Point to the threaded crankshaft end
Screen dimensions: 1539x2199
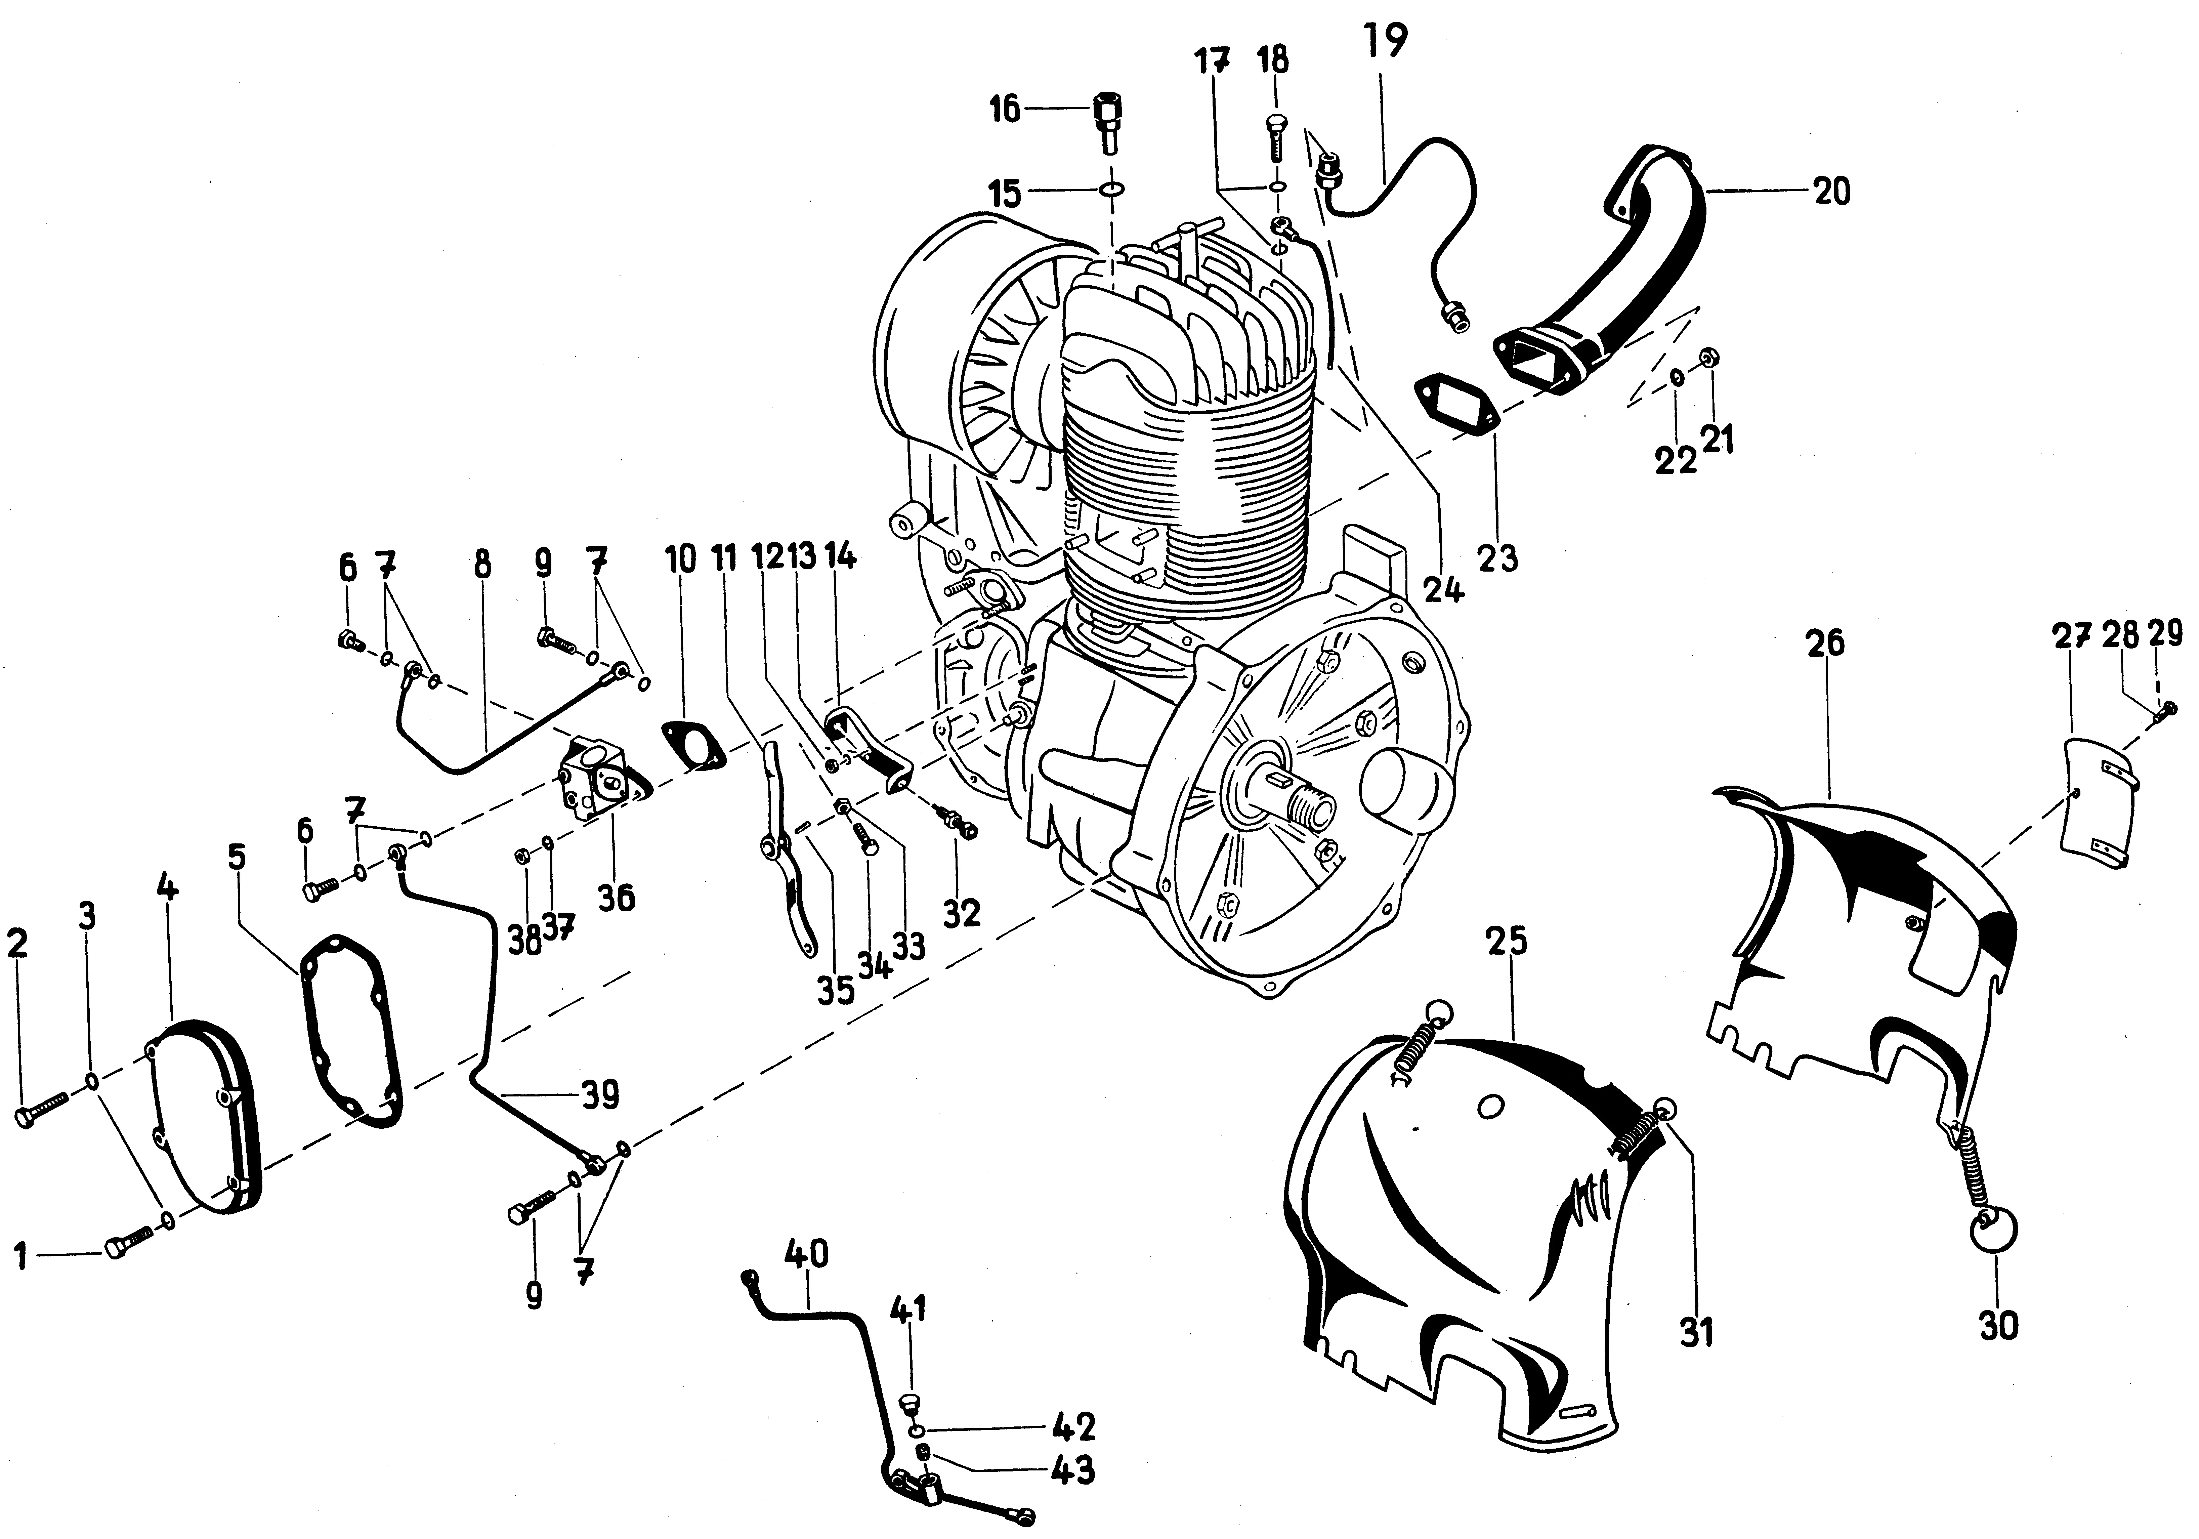point(1305,814)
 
